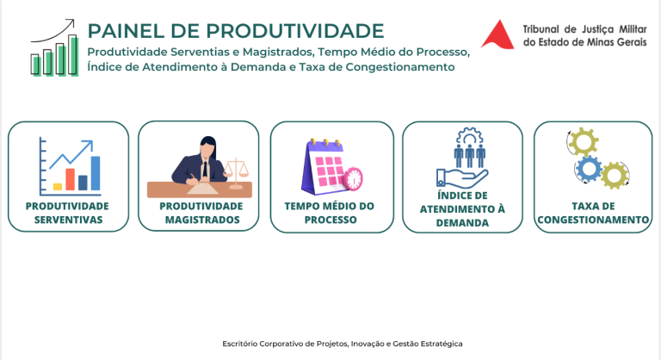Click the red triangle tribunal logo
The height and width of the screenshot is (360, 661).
click(498, 35)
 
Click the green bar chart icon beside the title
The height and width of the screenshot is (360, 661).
click(54, 47)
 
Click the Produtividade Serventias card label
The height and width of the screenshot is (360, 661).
click(67, 213)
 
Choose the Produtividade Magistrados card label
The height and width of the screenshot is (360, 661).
click(201, 213)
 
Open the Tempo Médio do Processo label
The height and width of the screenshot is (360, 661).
click(330, 213)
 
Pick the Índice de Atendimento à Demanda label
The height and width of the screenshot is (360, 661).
click(462, 209)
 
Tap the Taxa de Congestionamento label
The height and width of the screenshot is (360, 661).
click(593, 213)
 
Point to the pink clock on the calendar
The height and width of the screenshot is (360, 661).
click(354, 179)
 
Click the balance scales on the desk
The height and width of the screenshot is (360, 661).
click(236, 173)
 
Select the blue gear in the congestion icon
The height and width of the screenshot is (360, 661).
click(589, 169)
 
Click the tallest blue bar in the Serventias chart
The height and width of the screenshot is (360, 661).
click(96, 173)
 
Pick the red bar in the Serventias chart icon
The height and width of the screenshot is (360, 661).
click(70, 179)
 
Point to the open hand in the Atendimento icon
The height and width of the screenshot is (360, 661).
click(461, 177)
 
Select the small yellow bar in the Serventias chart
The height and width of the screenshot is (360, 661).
click(58, 187)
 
